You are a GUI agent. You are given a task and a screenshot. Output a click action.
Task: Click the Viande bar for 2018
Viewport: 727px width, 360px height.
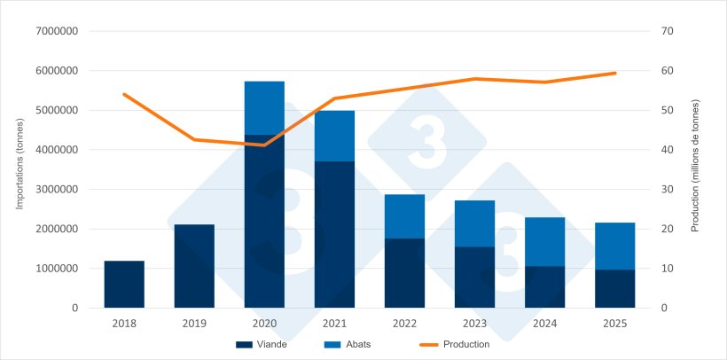pyautogui.click(x=124, y=284)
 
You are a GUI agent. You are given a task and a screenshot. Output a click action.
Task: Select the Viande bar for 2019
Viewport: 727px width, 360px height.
pyautogui.click(x=194, y=266)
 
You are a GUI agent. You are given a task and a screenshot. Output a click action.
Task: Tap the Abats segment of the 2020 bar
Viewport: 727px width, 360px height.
pyautogui.click(x=264, y=108)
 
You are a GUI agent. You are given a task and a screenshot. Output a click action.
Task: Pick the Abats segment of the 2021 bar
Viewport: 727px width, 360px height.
pyautogui.click(x=334, y=136)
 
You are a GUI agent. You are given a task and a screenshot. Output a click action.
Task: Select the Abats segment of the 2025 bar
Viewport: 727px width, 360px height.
pyautogui.click(x=614, y=246)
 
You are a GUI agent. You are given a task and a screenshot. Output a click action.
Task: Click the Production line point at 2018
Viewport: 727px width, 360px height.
pyautogui.click(x=124, y=94)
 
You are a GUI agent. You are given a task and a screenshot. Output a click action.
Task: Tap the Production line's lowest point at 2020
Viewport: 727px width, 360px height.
pyautogui.click(x=264, y=145)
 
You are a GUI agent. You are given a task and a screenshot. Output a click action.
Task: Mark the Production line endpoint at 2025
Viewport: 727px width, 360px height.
pyautogui.click(x=614, y=73)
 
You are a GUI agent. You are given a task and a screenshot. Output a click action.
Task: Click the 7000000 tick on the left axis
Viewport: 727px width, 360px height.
pyautogui.click(x=57, y=32)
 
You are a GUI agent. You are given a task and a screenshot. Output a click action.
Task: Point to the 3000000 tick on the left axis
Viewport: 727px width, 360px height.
pyautogui.click(x=57, y=190)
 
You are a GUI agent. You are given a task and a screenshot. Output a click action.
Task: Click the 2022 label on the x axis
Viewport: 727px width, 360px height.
pyautogui.click(x=404, y=324)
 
